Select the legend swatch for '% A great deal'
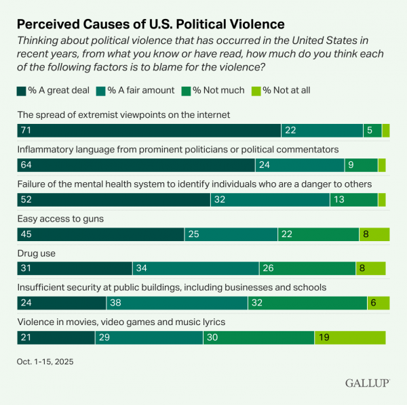tap(21, 90)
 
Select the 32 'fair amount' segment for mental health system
tap(270, 200)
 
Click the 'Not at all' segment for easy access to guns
tap(374, 234)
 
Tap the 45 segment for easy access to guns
tap(100, 234)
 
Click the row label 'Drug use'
tap(36, 253)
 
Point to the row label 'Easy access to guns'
tap(60, 219)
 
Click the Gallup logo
tap(366, 383)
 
